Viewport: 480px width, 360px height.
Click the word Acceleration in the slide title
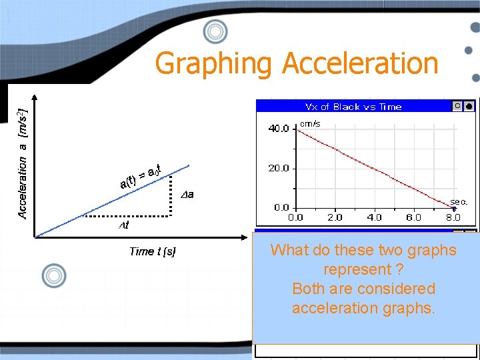coord(360,64)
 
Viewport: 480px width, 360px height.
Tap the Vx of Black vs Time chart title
coord(353,107)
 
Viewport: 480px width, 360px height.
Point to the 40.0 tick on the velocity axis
coord(278,129)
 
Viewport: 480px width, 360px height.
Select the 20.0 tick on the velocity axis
coord(278,169)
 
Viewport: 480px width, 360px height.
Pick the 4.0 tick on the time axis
coord(374,217)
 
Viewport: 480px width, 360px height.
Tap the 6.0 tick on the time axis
coord(413,217)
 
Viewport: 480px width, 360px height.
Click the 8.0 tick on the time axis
coord(453,217)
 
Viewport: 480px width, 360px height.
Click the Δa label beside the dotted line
coord(187,195)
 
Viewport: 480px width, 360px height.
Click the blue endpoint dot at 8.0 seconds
coord(454,208)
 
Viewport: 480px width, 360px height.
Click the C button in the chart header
coord(457,106)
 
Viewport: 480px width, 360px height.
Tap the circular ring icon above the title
coord(215,31)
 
